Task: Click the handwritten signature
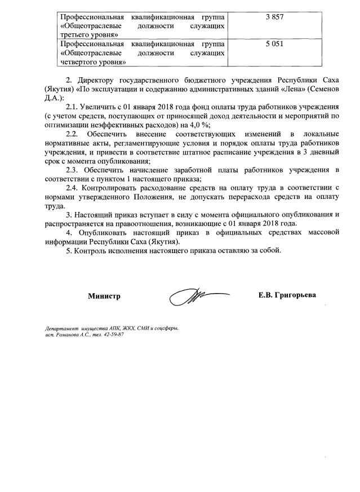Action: pyautogui.click(x=194, y=296)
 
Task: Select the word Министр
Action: pyautogui.click(x=104, y=296)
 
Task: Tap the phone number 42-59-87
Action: pyautogui.click(x=112, y=335)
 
